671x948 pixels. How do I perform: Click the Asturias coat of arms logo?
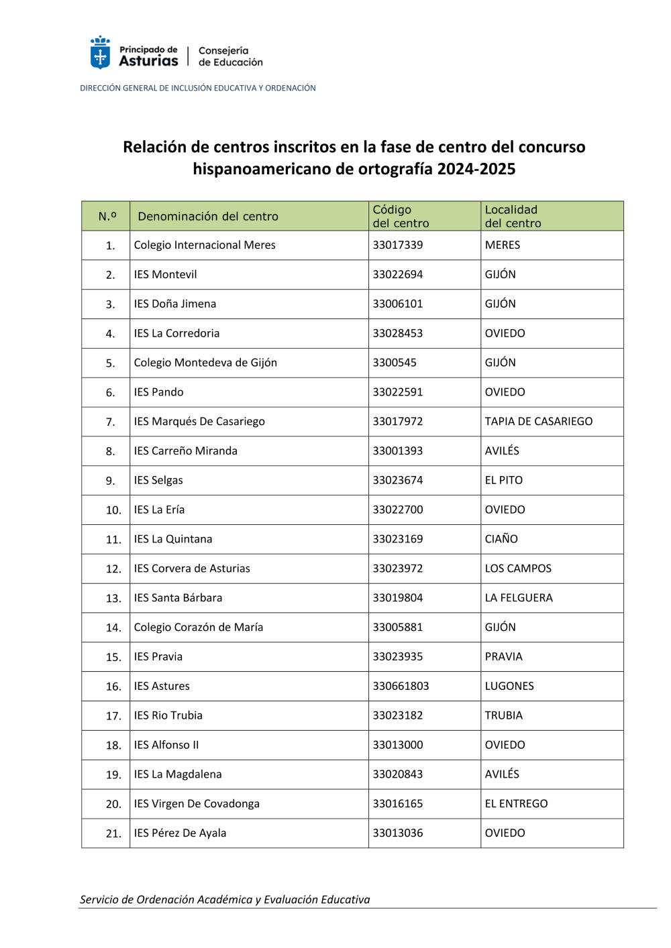coord(100,53)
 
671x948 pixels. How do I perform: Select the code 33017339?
coord(398,245)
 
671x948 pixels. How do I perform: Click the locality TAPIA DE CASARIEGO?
coord(538,422)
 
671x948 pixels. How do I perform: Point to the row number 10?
coord(113,510)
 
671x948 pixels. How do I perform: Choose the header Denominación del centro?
coord(208,217)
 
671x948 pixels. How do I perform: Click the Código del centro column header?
coord(401,217)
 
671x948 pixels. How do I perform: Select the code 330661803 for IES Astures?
coord(401,687)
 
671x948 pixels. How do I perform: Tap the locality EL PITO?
coord(503,481)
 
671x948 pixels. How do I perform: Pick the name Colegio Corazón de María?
coord(199,628)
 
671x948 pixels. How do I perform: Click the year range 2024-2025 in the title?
coord(476,169)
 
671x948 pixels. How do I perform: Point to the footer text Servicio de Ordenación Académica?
coord(225,900)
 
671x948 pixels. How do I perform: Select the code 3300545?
coord(395,363)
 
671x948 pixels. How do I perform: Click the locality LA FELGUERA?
coord(519,598)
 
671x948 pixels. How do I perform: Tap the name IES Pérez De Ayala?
coord(180,833)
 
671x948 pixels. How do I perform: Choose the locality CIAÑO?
coord(501,539)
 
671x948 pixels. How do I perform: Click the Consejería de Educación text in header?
coord(230,57)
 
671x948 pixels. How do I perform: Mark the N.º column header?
coord(107,217)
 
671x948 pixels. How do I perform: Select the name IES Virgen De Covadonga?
coord(197,804)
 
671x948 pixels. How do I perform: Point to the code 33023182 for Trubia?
coord(398,716)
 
